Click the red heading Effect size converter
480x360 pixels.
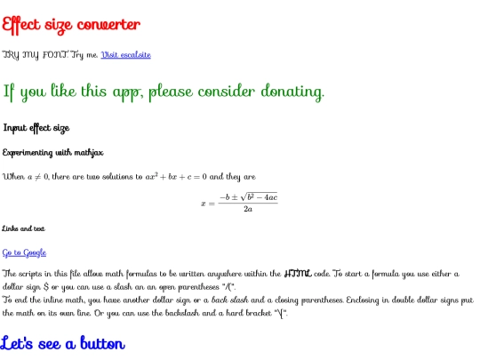pyautogui.click(x=71, y=24)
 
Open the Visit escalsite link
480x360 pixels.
pyautogui.click(x=126, y=54)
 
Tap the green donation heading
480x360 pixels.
pyautogui.click(x=164, y=92)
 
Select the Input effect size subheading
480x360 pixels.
pyautogui.click(x=36, y=128)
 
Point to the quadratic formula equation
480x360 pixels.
pyautogui.click(x=239, y=203)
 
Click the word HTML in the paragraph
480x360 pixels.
pyautogui.click(x=300, y=273)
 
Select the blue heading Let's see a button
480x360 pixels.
pyautogui.click(x=64, y=342)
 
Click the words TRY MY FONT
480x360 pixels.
pyautogui.click(x=36, y=54)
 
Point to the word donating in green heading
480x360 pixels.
pyautogui.click(x=286, y=92)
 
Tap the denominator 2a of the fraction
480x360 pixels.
pyautogui.click(x=249, y=209)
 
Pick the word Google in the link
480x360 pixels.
pyautogui.click(x=33, y=252)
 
